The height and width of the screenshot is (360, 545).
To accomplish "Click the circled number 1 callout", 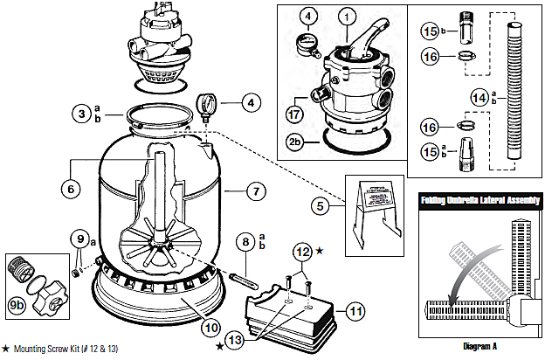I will [350, 17].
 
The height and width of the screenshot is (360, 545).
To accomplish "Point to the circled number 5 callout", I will [323, 205].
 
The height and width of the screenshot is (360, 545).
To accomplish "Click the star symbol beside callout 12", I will [320, 251].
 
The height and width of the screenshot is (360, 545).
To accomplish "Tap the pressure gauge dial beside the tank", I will [207, 101].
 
